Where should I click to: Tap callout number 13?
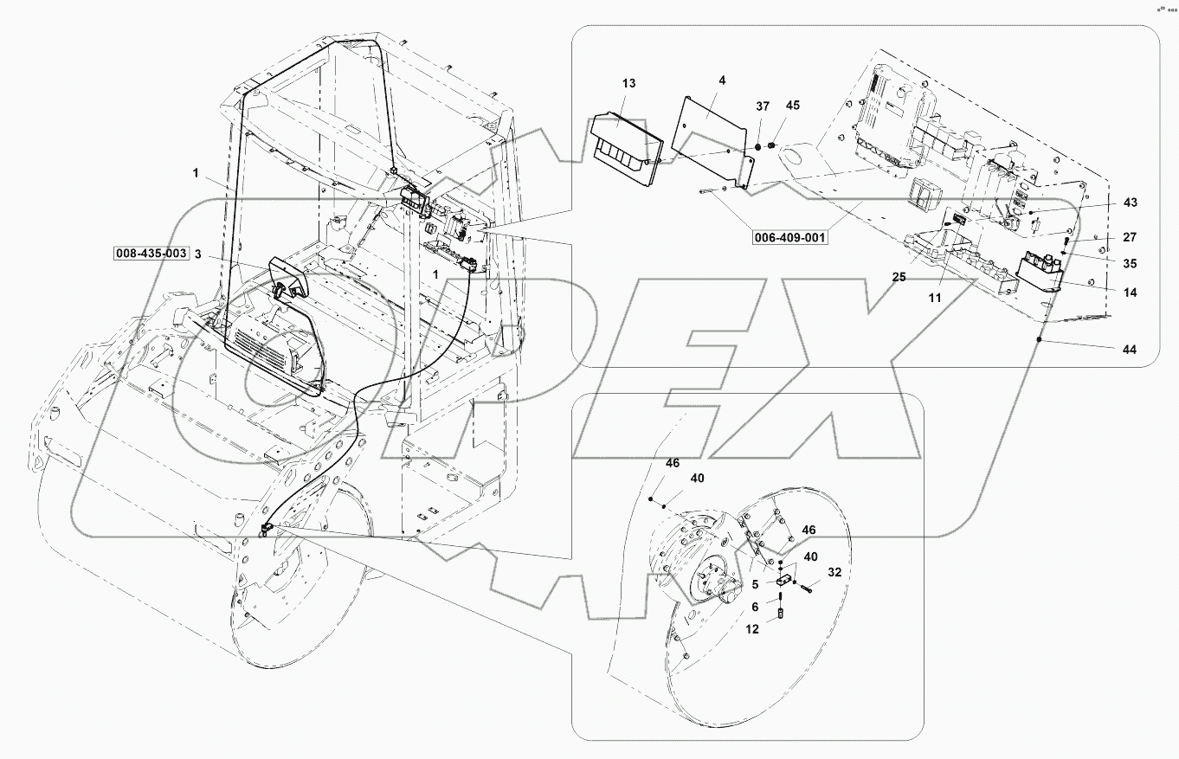pos(628,83)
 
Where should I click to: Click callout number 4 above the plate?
pos(722,80)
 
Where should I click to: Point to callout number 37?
pos(762,106)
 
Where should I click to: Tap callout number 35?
pos(1130,263)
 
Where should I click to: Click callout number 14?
pos(1130,293)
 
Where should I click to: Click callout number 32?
pos(834,572)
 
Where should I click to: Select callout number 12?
pos(752,629)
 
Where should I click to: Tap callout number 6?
pos(754,607)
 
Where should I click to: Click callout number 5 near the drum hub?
pos(754,584)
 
